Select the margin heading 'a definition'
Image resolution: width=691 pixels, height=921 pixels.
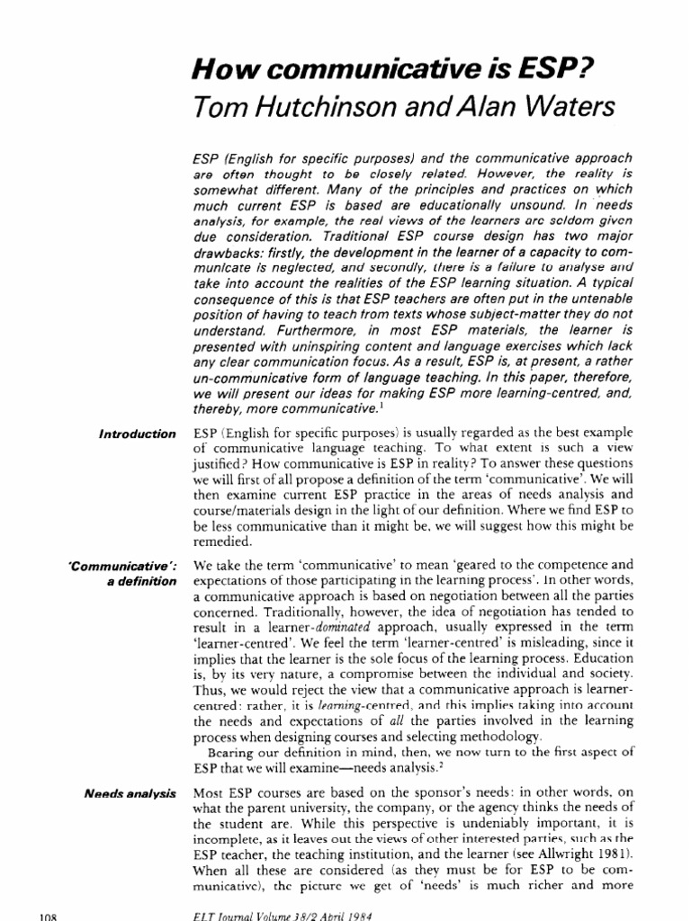click(x=141, y=583)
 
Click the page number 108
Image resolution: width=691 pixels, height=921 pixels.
click(x=45, y=915)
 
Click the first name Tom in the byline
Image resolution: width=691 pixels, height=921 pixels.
click(x=214, y=108)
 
